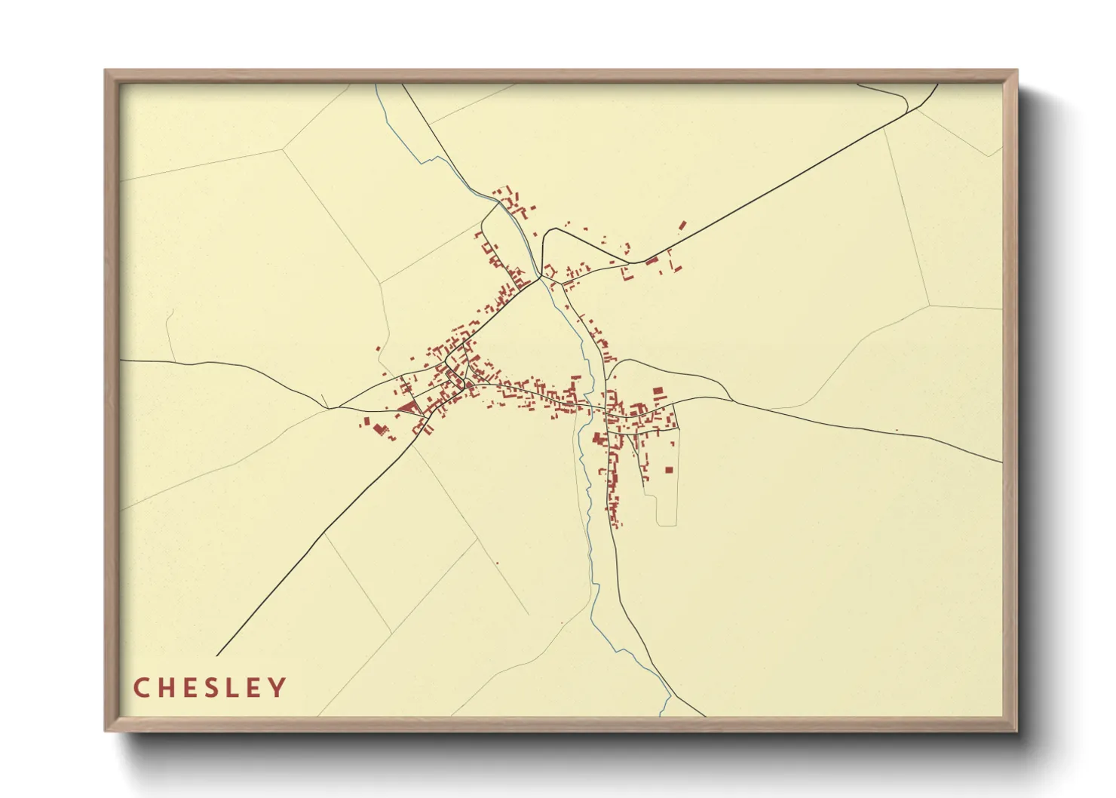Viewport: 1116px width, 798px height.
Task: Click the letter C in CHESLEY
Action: (140, 688)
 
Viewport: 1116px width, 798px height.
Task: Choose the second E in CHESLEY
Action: (256, 688)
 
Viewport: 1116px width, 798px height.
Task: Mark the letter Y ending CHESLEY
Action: (279, 688)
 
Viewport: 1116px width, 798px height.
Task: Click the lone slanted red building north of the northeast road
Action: (682, 225)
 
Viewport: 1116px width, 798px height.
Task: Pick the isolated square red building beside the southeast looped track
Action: (668, 470)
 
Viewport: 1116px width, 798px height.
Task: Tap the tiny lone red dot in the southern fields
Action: (498, 563)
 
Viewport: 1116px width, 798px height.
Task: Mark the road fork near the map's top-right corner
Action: (918, 108)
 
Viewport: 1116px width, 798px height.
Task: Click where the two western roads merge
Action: (330, 408)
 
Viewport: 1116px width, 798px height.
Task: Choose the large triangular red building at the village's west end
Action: (408, 409)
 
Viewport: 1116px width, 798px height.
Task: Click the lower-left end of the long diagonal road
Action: (217, 655)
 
